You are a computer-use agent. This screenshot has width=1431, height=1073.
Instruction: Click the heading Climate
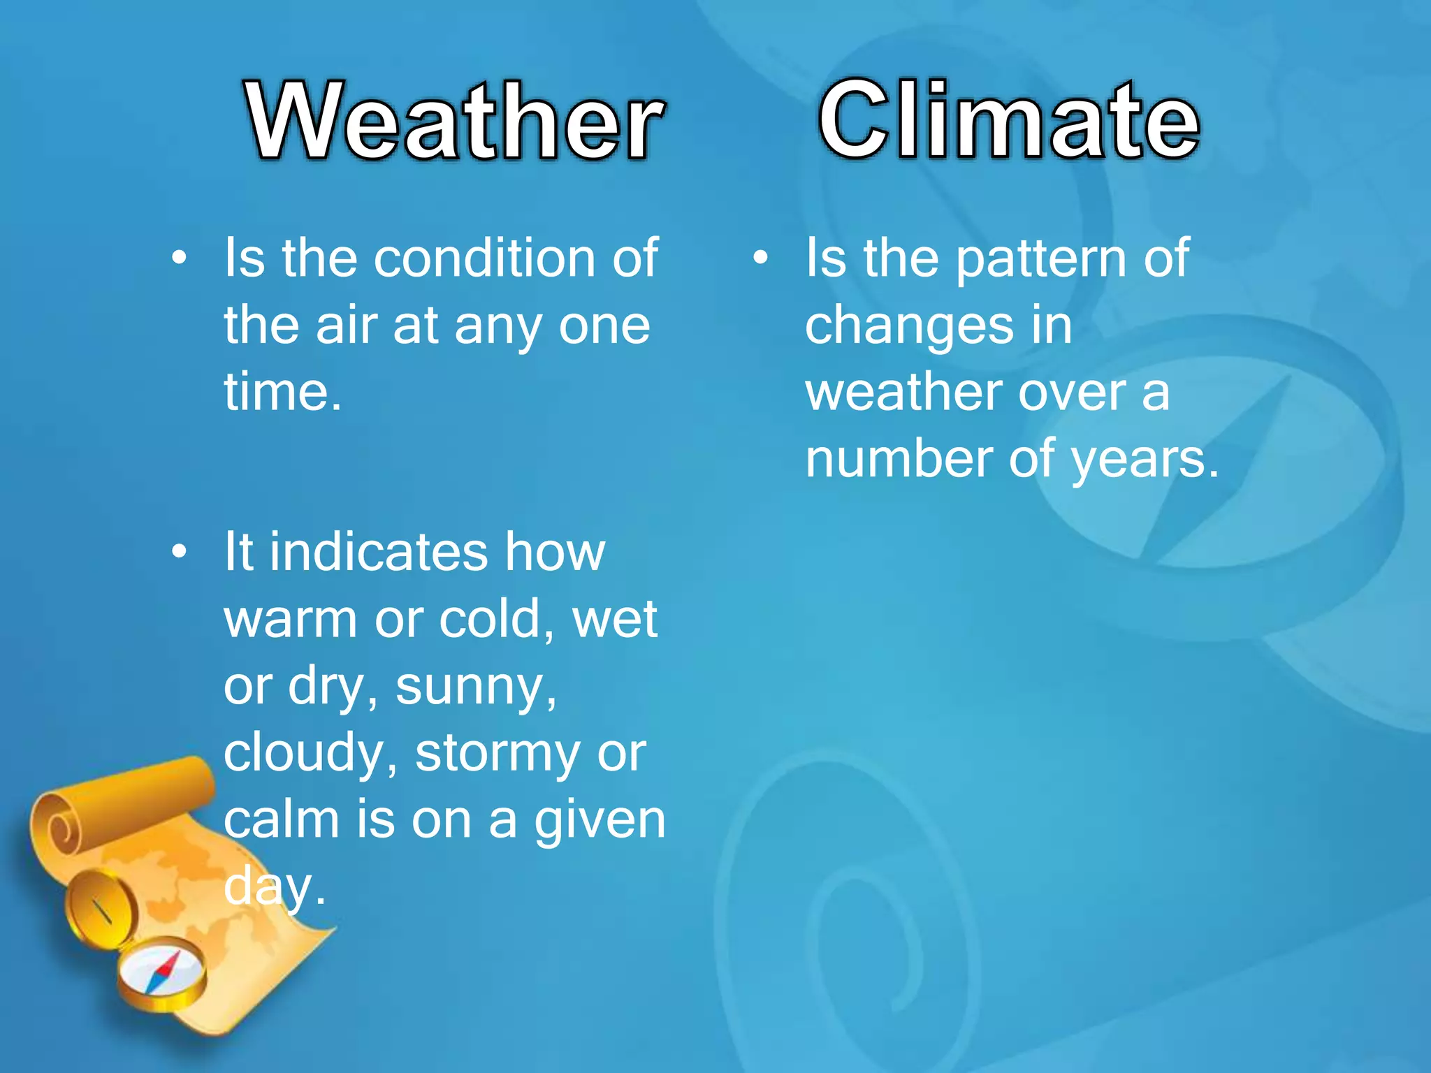click(1008, 120)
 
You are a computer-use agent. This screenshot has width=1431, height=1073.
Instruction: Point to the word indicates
click(378, 553)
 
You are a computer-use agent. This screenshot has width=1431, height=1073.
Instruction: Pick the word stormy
click(497, 754)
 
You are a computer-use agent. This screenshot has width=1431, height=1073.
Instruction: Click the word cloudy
click(310, 754)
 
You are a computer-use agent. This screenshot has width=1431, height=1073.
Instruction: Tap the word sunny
click(474, 688)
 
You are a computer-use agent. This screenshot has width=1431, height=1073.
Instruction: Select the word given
click(599, 822)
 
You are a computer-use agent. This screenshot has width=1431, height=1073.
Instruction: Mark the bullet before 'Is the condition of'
click(180, 258)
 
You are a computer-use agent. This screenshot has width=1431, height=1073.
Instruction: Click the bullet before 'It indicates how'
click(180, 553)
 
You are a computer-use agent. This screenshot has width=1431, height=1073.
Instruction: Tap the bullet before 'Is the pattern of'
click(761, 258)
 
